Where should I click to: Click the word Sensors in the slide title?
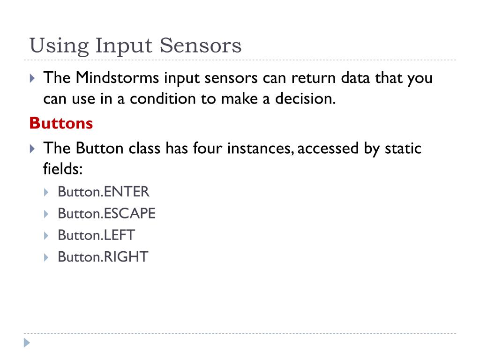(201, 45)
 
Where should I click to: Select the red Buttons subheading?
(61, 123)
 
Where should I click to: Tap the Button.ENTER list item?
(103, 192)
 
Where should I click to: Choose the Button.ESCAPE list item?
(106, 214)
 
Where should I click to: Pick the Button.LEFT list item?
(96, 235)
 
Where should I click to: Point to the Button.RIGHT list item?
(103, 257)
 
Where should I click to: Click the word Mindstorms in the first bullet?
(117, 78)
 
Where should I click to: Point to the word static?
(403, 149)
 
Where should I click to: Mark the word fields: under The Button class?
(63, 169)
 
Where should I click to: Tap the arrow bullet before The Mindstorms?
(32, 78)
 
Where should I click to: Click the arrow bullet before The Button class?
(32, 149)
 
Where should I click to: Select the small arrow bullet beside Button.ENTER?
(46, 192)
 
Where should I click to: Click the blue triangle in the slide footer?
(27, 343)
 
